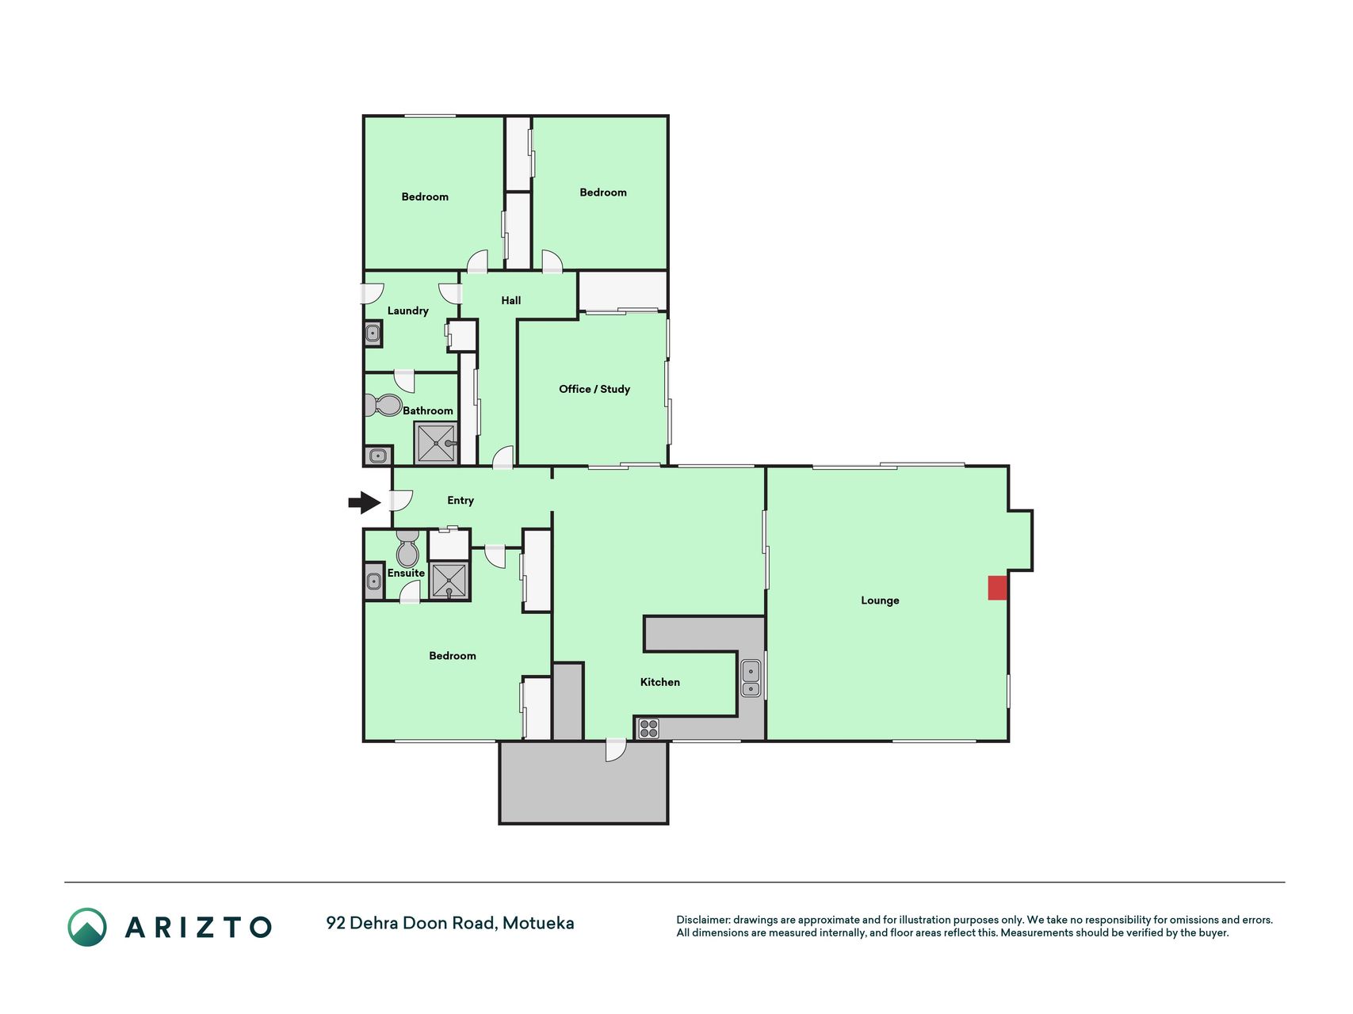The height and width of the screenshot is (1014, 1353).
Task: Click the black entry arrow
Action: tap(365, 502)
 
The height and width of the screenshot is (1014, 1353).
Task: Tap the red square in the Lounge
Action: tap(997, 588)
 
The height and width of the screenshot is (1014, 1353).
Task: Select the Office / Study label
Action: tap(594, 389)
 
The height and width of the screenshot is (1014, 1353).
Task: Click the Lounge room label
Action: tap(880, 600)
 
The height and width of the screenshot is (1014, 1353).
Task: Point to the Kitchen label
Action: tap(660, 682)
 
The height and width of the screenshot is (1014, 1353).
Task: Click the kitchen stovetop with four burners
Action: tap(648, 728)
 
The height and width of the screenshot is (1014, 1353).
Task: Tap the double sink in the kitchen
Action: tap(751, 679)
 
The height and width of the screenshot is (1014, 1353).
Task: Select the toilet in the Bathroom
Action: tap(384, 406)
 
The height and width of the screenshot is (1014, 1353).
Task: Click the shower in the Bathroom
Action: tap(436, 443)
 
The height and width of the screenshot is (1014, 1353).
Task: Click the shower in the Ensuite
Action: tap(449, 581)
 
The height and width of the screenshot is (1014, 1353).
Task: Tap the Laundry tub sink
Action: tap(373, 334)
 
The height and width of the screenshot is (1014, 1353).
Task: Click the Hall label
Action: tap(511, 300)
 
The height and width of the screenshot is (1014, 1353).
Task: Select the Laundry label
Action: tap(408, 311)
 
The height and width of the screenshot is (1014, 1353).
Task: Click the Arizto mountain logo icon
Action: tap(87, 927)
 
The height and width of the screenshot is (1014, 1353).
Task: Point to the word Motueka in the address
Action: tap(538, 923)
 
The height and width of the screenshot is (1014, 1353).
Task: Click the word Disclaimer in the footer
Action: tap(702, 920)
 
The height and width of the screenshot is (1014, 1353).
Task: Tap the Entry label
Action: tap(461, 501)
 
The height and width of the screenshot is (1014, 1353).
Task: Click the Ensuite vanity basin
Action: tap(373, 581)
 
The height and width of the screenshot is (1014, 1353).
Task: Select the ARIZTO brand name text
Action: tap(198, 927)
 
